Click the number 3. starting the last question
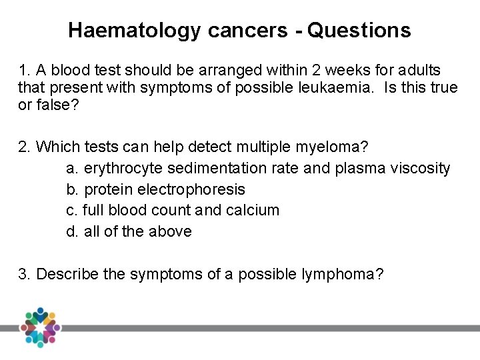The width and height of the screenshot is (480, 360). [x=25, y=274]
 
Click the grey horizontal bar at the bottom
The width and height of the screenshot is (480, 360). [x=267, y=328]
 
